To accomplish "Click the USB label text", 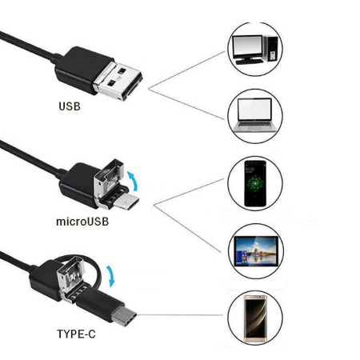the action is pyautogui.click(x=70, y=106).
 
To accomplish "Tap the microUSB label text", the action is pyautogui.click(x=82, y=222).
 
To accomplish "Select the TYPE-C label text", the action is pyautogui.click(x=76, y=334).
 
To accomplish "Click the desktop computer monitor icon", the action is pyautogui.click(x=247, y=50).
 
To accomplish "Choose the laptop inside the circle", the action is pyautogui.click(x=255, y=116).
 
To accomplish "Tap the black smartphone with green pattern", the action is pyautogui.click(x=255, y=183).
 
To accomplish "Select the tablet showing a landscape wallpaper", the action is pyautogui.click(x=256, y=251).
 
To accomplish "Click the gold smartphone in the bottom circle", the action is pyautogui.click(x=255, y=318).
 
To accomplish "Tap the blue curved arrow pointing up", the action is pyautogui.click(x=134, y=181).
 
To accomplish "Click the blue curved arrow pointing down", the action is pyautogui.click(x=111, y=276).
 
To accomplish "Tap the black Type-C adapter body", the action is pyautogui.click(x=101, y=305).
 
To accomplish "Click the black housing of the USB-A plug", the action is pyautogui.click(x=82, y=70).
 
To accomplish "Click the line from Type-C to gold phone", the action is pyautogui.click(x=180, y=315).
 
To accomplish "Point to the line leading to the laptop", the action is pyautogui.click(x=186, y=104).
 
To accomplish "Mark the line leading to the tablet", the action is pyautogui.click(x=187, y=228).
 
